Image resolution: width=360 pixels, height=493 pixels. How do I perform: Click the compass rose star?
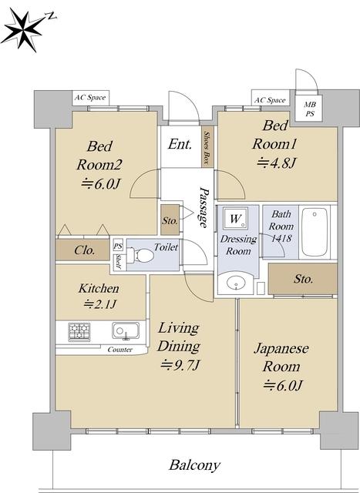tap(25, 30)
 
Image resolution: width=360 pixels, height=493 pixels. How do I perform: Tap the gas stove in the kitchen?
tap(79, 332)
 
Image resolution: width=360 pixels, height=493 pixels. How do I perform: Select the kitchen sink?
tap(126, 330)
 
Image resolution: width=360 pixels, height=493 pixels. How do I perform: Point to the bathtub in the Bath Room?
tap(315, 232)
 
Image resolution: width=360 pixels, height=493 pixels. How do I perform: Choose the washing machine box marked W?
tap(236, 218)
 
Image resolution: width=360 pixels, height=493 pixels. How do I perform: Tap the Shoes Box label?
tap(207, 147)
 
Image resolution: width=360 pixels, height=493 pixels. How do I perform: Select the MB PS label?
tap(310, 109)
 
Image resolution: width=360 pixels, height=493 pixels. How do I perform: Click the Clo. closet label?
tap(84, 250)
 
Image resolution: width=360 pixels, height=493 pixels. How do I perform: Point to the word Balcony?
tap(194, 465)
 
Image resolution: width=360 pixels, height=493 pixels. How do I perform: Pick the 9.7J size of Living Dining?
tap(180, 365)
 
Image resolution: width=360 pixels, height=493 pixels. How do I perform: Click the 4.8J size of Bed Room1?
tap(277, 163)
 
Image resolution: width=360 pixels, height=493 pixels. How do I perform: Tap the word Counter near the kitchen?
tap(120, 350)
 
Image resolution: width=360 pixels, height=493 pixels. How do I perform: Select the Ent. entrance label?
tap(180, 144)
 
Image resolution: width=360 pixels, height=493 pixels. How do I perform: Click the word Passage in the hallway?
tap(204, 207)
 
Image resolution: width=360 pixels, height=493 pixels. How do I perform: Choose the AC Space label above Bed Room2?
tap(90, 98)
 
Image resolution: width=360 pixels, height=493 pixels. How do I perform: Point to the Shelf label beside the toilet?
tap(119, 262)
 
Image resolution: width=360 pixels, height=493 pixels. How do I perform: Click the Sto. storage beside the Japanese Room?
tap(303, 279)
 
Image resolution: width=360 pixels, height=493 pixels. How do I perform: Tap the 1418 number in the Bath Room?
tap(281, 238)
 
